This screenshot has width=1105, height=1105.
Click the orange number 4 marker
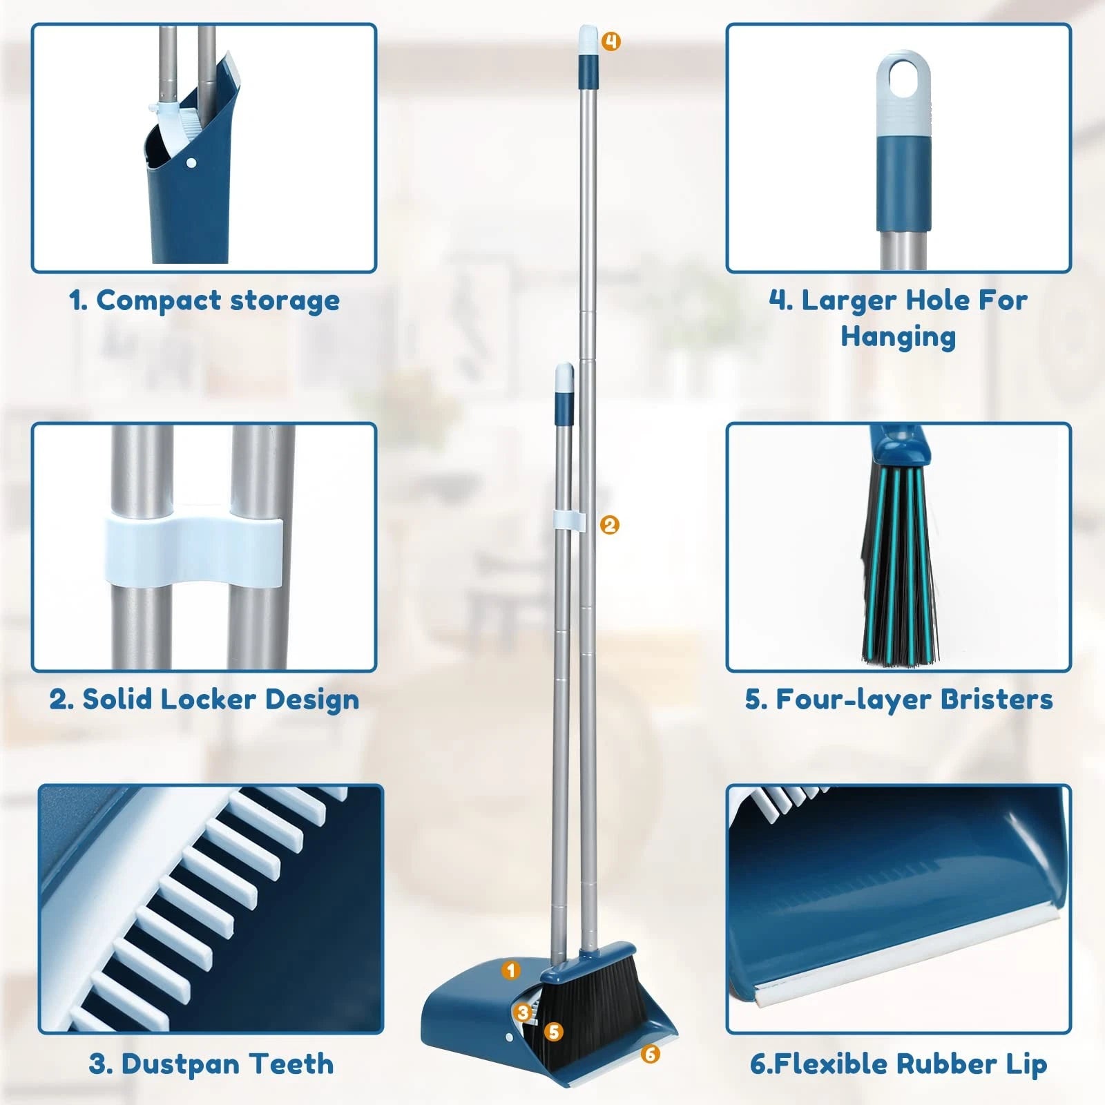point(611,41)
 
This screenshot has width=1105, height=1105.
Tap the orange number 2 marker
point(609,525)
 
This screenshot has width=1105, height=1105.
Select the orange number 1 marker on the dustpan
point(511,970)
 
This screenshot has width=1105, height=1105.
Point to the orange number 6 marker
point(650,1054)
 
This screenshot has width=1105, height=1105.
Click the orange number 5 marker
point(553,1032)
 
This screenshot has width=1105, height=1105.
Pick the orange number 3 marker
point(523,1012)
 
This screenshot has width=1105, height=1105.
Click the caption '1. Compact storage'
point(204,300)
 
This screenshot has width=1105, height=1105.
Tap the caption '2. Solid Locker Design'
point(204,699)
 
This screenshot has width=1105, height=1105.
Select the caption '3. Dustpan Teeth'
point(211,1064)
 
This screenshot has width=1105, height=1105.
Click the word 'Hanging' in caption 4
point(898,336)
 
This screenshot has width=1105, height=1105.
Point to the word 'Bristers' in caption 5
point(997,699)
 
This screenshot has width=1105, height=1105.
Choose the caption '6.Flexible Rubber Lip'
point(899,1064)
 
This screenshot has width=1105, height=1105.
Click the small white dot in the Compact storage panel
point(192,164)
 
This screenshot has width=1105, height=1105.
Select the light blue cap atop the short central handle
point(564,375)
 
